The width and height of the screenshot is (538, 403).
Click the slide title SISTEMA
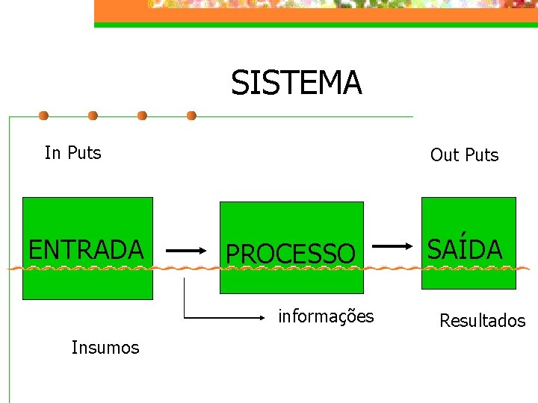tap(297, 83)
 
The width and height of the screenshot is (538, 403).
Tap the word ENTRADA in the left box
tap(86, 249)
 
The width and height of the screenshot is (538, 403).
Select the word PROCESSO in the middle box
tap(291, 254)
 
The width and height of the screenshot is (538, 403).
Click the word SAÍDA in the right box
tap(465, 249)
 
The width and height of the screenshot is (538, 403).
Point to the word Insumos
tap(105, 347)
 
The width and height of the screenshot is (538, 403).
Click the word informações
tap(326, 316)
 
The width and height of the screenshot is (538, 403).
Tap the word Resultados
tap(482, 321)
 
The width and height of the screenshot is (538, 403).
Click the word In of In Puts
tap(52, 153)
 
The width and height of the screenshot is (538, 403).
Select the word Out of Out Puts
tap(444, 155)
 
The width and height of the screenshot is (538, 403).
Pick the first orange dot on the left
tap(44, 116)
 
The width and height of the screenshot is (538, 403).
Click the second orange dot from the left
tap(93, 116)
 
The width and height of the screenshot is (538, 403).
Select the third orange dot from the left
tap(142, 116)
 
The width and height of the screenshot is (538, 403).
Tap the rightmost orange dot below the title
tap(191, 116)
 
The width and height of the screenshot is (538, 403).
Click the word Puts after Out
tap(481, 155)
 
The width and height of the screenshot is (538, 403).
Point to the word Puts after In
tap(84, 153)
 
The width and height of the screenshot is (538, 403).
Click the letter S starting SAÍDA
tap(434, 249)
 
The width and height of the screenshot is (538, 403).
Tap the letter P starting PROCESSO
tap(232, 254)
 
